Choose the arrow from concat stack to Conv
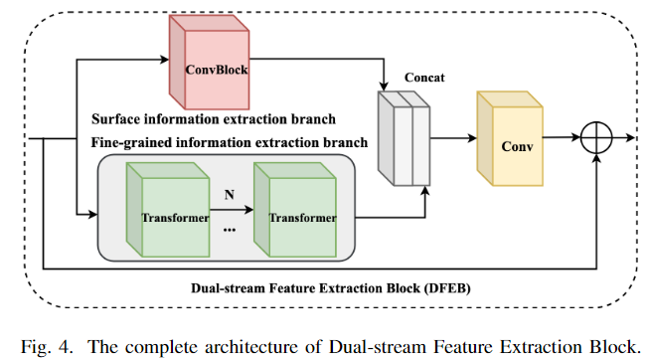pos(452,140)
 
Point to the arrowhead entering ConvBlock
pos(162,59)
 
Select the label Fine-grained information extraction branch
pos(229,142)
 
